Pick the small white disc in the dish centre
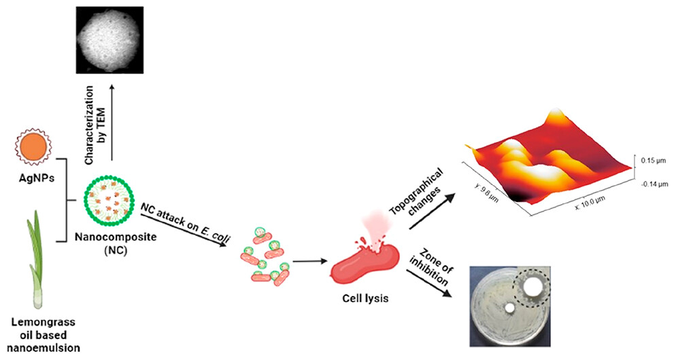click(509, 308)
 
